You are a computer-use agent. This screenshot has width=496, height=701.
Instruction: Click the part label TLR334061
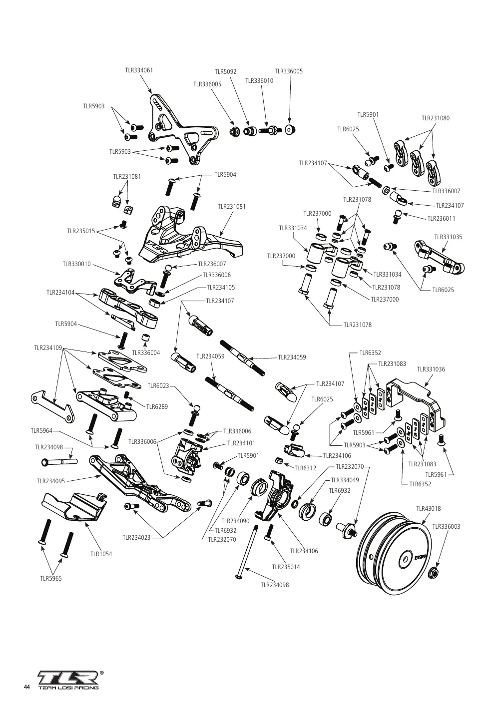[x=139, y=70]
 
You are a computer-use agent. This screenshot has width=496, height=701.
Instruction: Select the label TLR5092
[x=225, y=72]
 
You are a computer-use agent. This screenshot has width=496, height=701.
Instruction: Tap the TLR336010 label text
[x=259, y=81]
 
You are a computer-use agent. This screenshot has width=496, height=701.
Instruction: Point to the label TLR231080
[x=435, y=118]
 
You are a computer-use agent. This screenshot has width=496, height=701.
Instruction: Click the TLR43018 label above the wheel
[x=429, y=509]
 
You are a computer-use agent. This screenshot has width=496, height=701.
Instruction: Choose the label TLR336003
[x=446, y=526]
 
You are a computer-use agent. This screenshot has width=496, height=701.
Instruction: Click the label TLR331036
[x=431, y=369]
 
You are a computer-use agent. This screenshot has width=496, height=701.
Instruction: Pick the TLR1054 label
[x=101, y=554]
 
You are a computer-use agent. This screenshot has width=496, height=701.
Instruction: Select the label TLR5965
[x=51, y=578]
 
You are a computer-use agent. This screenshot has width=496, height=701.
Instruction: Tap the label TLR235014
[x=286, y=567]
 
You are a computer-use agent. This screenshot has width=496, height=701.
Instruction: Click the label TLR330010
[x=77, y=264]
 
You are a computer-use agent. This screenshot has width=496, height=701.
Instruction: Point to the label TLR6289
[x=157, y=406]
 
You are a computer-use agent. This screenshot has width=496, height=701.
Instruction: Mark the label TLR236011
[x=441, y=218]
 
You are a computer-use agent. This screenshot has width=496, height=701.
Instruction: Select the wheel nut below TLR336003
[x=433, y=572]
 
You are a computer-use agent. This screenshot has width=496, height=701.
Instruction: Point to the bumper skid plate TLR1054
[x=74, y=507]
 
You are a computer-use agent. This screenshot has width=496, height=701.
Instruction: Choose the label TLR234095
[x=51, y=481]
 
